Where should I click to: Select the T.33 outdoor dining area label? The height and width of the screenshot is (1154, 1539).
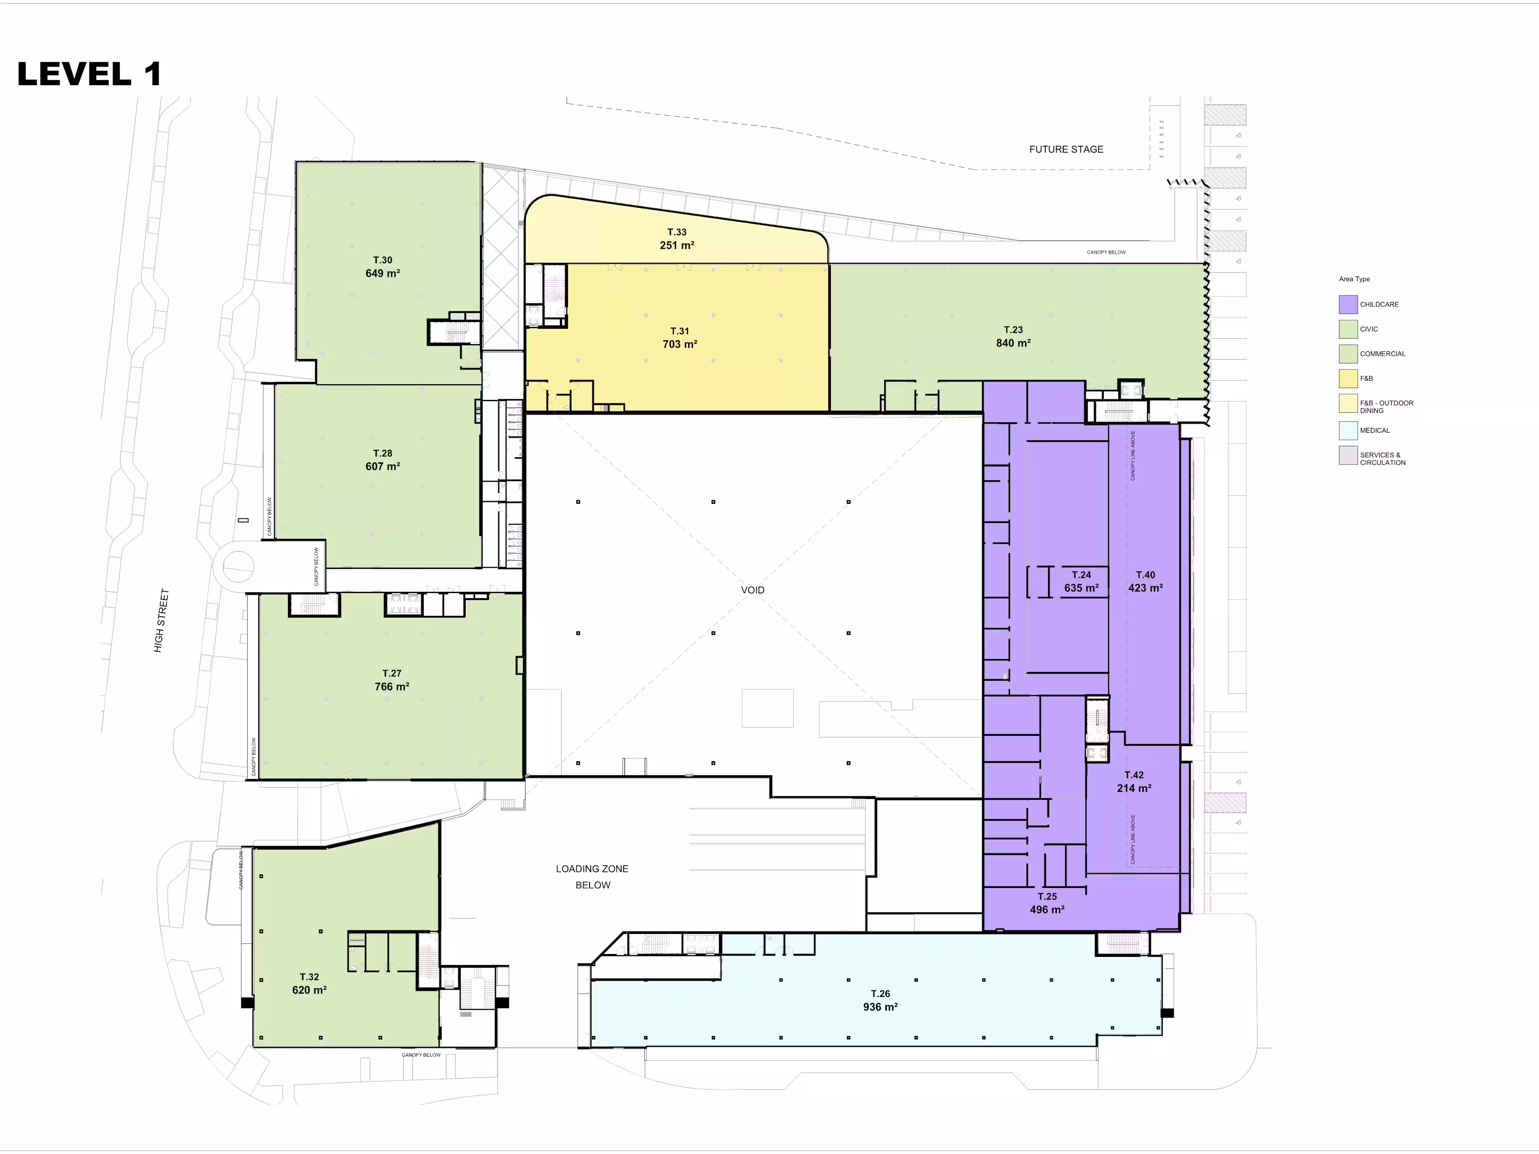click(677, 238)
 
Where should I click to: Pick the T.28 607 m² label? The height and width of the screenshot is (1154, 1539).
click(383, 460)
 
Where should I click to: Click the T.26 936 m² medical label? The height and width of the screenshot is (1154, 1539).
click(880, 1000)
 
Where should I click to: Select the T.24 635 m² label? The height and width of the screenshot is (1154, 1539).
click(1081, 581)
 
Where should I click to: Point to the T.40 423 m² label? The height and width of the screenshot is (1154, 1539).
click(1145, 581)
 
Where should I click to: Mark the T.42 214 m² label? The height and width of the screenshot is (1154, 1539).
click(1134, 782)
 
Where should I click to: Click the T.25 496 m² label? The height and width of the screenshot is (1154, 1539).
click(1047, 903)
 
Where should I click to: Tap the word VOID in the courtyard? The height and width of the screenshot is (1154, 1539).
click(753, 590)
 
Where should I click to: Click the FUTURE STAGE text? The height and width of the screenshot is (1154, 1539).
click(1066, 149)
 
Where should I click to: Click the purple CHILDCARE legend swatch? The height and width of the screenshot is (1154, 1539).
click(1348, 305)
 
